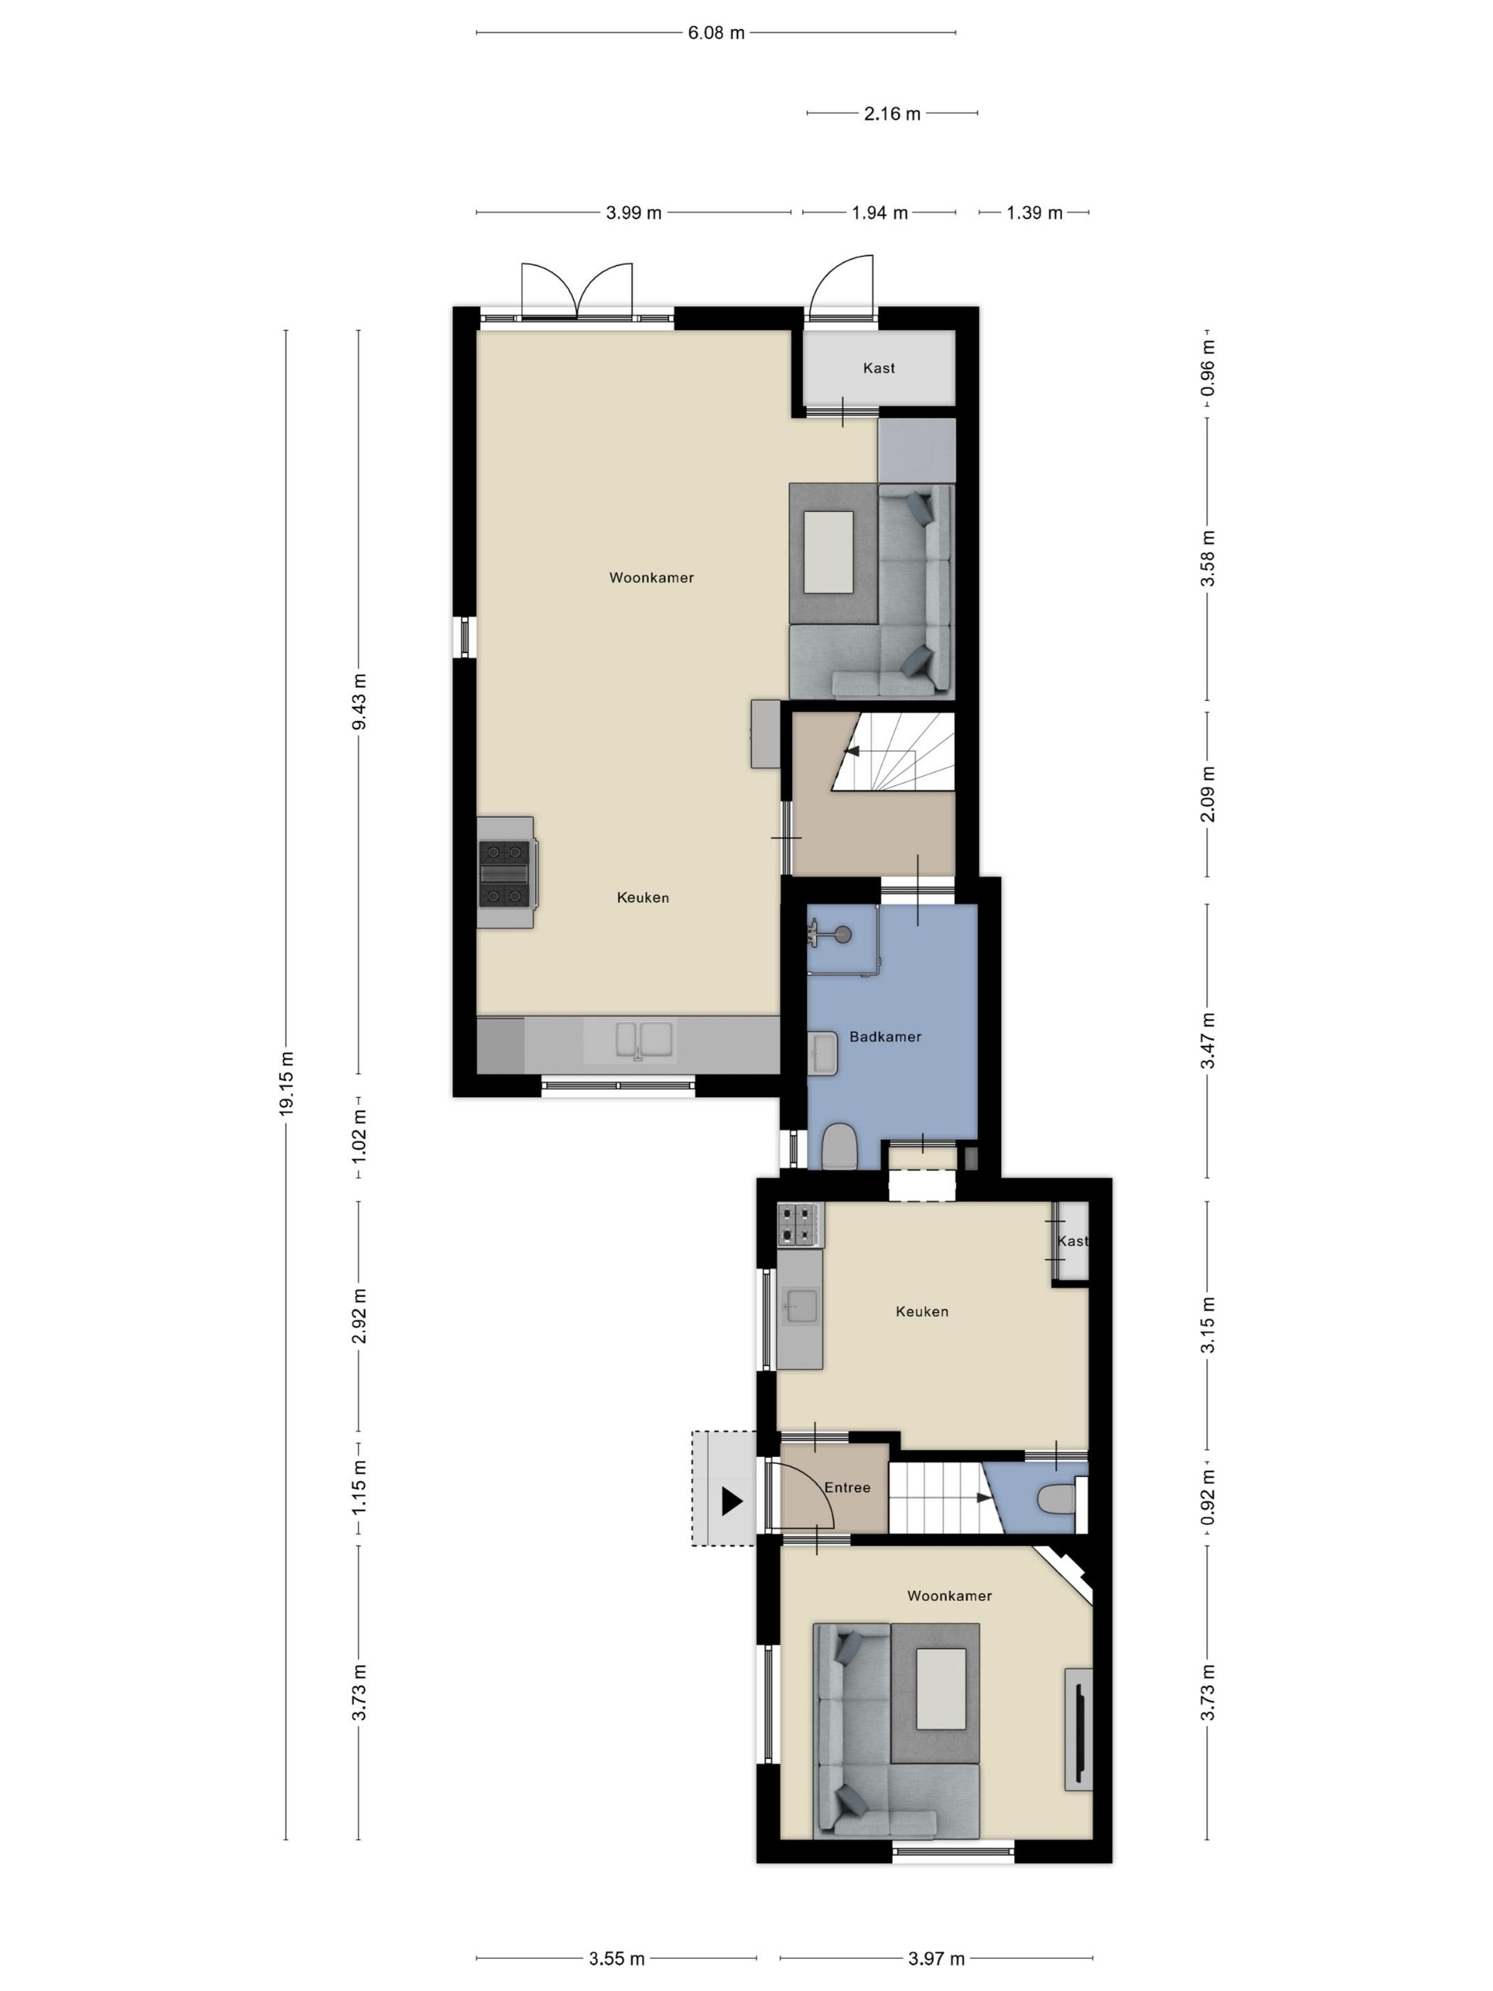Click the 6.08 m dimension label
pyautogui.click(x=715, y=33)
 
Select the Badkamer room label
pyautogui.click(x=884, y=1036)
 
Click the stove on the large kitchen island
pyautogui.click(x=505, y=872)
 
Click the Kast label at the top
pyautogui.click(x=878, y=367)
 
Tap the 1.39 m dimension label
pyautogui.click(x=1034, y=213)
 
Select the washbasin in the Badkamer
pyautogui.click(x=823, y=1053)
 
